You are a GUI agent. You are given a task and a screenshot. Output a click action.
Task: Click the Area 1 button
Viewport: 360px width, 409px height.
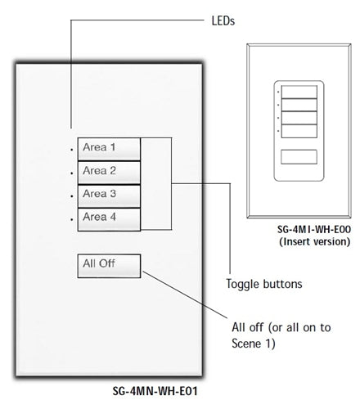point(110,149)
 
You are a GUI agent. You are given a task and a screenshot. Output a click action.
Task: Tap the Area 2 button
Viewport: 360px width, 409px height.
point(110,172)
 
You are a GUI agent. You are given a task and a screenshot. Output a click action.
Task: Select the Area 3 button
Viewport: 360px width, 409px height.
point(110,195)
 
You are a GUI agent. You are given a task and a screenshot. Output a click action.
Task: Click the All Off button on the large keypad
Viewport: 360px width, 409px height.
point(110,266)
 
